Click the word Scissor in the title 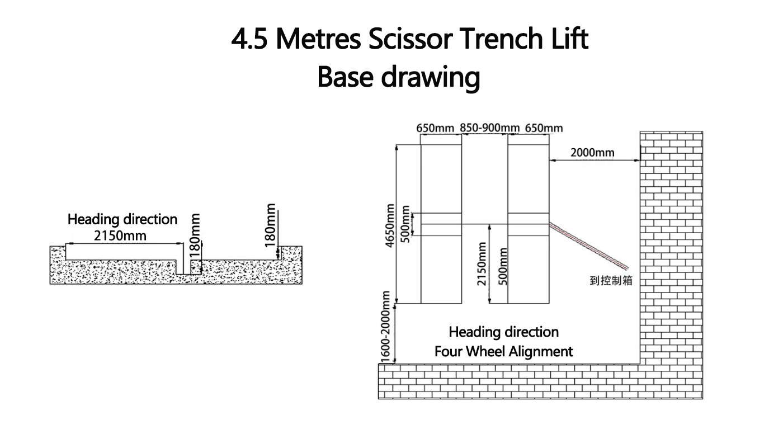click(x=411, y=39)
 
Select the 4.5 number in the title click(x=249, y=39)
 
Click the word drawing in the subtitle click(x=431, y=78)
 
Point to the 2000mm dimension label click(x=592, y=153)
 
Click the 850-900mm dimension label click(x=489, y=128)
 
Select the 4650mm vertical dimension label click(x=390, y=225)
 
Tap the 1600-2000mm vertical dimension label click(x=385, y=327)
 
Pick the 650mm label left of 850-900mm click(x=435, y=128)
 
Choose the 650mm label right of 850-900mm click(x=544, y=128)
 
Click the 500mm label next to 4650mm click(x=405, y=224)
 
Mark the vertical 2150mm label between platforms click(x=482, y=263)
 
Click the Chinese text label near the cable click(x=611, y=281)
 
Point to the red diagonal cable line click(x=588, y=246)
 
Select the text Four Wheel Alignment click(x=503, y=352)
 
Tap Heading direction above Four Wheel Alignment click(x=503, y=332)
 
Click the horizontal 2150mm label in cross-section click(x=120, y=236)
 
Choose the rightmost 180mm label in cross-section click(x=270, y=225)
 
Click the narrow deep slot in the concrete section click(x=183, y=258)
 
